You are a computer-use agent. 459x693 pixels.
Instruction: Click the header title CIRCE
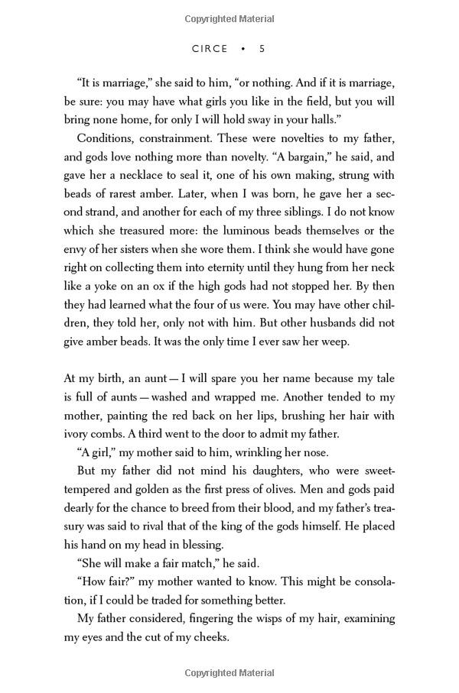(x=210, y=48)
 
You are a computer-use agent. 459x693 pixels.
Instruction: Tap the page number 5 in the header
(x=262, y=48)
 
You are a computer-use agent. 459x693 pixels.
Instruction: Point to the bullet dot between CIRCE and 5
(x=243, y=48)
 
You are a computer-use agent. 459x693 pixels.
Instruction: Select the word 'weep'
(x=335, y=341)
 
